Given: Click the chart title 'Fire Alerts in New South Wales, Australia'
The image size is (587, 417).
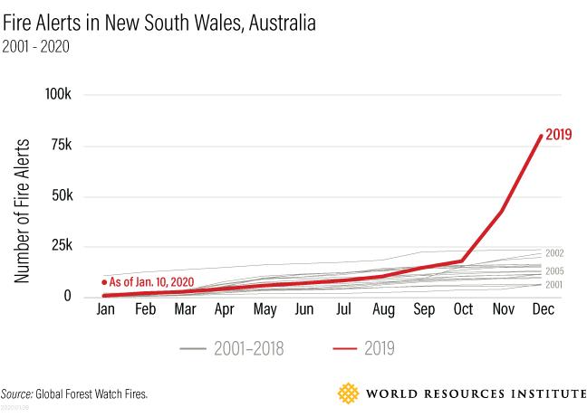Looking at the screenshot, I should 159,23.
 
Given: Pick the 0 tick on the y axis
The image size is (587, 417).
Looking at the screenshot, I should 81,297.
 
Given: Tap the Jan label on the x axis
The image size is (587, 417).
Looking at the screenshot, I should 107,310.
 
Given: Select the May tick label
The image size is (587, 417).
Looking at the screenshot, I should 265,310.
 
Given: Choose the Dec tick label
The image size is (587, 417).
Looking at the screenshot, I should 542,310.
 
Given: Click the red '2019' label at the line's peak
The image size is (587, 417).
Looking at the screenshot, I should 559,136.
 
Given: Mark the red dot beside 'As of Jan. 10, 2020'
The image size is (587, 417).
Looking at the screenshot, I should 105,281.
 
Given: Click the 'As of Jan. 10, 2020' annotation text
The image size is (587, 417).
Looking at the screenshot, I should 152,281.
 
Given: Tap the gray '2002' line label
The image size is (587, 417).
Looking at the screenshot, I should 554,253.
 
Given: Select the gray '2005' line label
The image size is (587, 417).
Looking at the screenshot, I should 554,270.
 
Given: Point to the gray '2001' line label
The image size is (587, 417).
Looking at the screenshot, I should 554,285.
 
